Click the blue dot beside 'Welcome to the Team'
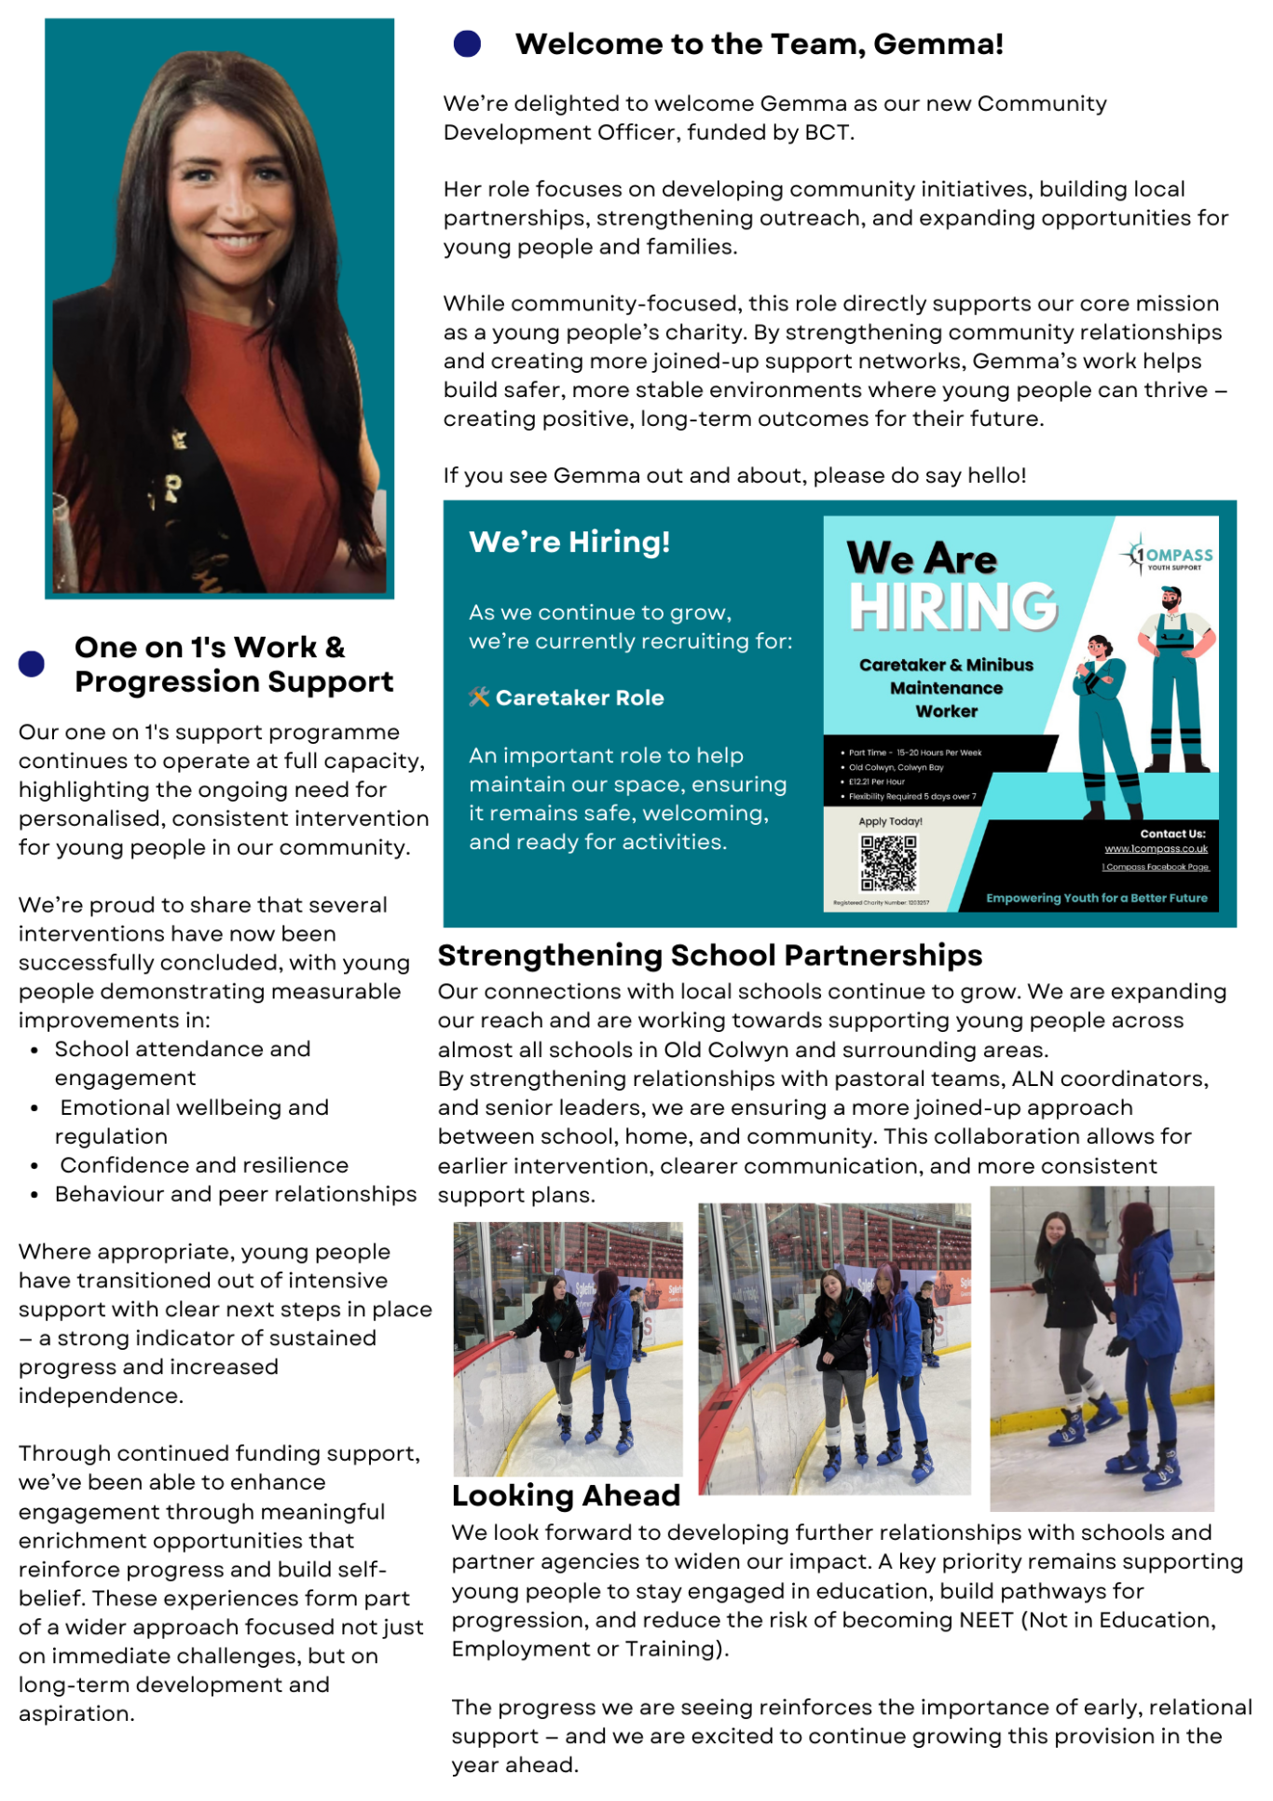coord(467,44)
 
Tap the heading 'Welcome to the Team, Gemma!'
coord(759,44)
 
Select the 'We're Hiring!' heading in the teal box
coord(569,542)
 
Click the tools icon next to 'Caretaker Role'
coord(479,697)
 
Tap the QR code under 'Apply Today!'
coord(888,863)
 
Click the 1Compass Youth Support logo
coord(1167,556)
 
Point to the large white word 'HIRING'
coord(952,607)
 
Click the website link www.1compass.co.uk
coord(1156,849)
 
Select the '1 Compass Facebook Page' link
coord(1155,867)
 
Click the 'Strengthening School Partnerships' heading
coord(710,955)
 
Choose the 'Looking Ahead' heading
coord(566,1495)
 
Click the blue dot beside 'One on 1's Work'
coord(32,664)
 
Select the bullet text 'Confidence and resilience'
coord(204,1165)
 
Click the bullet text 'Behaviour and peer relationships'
coord(236,1194)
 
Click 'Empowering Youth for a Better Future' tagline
coord(1096,899)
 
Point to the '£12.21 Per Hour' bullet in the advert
coord(876,782)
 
